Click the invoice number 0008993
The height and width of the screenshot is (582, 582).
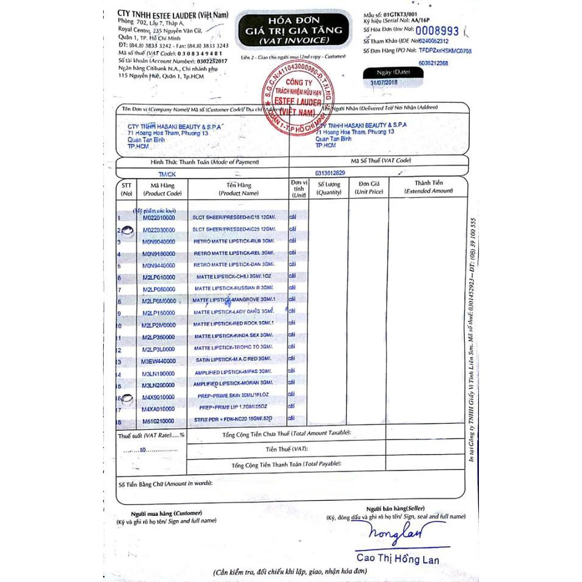click(432, 29)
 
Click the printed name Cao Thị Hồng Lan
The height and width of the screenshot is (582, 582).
click(397, 560)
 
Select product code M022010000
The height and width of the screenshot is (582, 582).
click(159, 218)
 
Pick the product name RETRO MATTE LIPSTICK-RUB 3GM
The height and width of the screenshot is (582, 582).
click(233, 241)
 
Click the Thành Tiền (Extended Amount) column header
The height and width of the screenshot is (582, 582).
click(429, 187)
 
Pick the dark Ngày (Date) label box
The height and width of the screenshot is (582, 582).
click(393, 72)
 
